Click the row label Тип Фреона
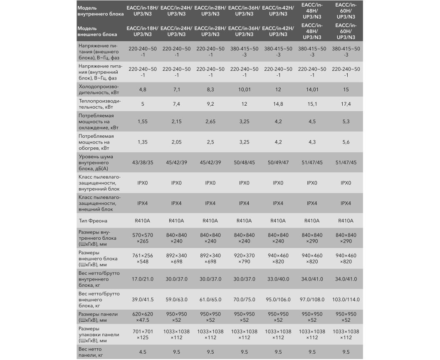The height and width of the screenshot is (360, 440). (93, 221)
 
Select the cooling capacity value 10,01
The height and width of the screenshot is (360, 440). (244, 89)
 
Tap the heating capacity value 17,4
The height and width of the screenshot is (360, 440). (346, 104)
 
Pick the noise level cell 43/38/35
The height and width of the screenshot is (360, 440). (143, 162)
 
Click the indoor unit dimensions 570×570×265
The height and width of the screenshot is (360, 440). (143, 238)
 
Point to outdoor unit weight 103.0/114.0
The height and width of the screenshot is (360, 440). (346, 300)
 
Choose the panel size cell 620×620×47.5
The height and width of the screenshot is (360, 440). (143, 317)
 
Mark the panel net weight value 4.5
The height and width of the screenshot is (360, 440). (143, 352)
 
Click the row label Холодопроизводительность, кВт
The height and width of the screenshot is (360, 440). (98, 89)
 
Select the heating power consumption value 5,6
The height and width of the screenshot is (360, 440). (346, 142)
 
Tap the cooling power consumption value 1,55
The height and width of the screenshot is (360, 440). (143, 122)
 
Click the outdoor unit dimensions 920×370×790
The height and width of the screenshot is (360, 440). (244, 258)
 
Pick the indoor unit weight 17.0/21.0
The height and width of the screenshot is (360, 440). (143, 279)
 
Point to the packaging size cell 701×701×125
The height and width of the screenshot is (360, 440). (143, 335)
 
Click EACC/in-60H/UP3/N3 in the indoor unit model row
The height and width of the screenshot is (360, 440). (346, 11)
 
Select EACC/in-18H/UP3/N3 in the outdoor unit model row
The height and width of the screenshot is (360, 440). (143, 31)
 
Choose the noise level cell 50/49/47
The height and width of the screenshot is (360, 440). (278, 162)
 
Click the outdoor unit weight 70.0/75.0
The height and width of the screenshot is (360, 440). (244, 300)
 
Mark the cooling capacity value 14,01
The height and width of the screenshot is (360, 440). (312, 89)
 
